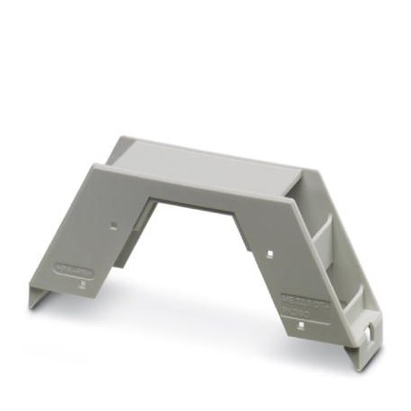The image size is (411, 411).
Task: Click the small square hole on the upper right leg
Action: pos(268,254)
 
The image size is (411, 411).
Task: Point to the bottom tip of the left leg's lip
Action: pos(33,306)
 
